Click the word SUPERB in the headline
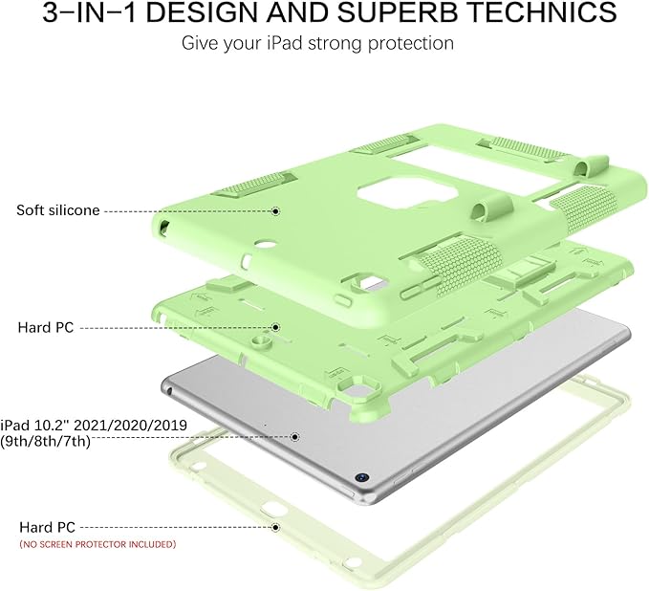pyautogui.click(x=398, y=12)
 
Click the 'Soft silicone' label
pyautogui.click(x=58, y=210)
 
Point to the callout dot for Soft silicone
pyautogui.click(x=275, y=211)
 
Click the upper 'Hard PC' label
pyautogui.click(x=46, y=327)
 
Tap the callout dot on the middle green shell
pyautogui.click(x=275, y=327)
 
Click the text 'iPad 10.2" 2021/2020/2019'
pyautogui.click(x=94, y=425)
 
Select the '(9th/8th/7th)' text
pyautogui.click(x=46, y=441)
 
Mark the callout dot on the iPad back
pyautogui.click(x=294, y=436)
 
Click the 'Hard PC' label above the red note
pyautogui.click(x=47, y=527)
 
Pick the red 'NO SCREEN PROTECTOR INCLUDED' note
pyautogui.click(x=97, y=544)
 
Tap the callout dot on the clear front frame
pyautogui.click(x=275, y=527)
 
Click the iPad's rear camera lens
pyautogui.click(x=361, y=477)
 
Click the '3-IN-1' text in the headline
pyautogui.click(x=90, y=12)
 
